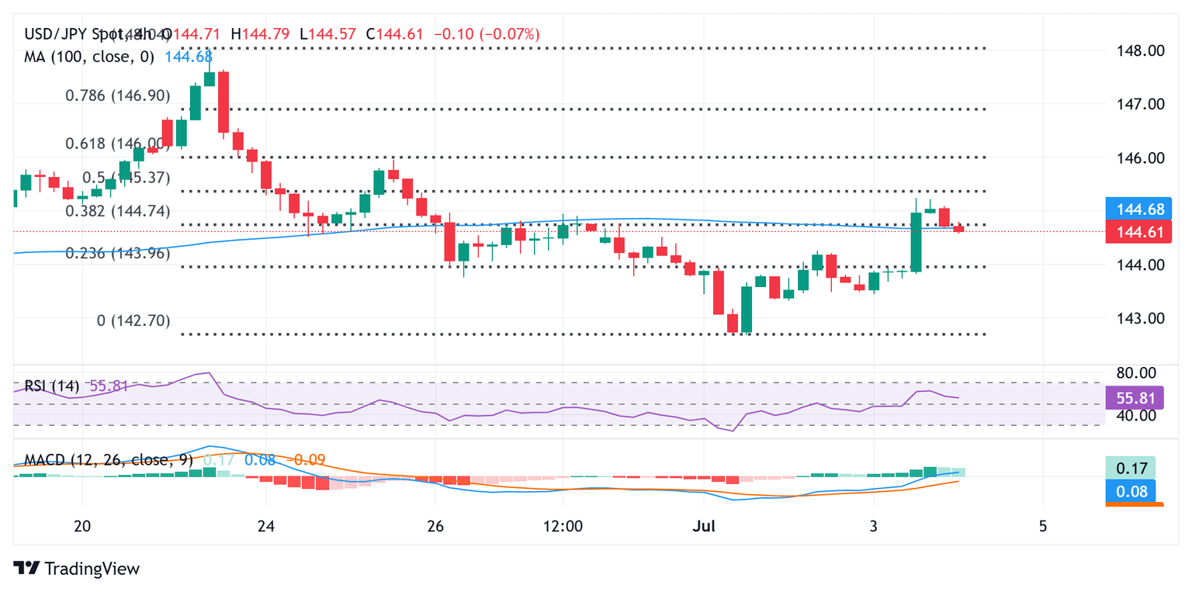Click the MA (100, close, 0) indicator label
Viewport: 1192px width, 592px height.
(x=89, y=57)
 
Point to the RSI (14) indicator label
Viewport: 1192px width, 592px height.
(x=51, y=386)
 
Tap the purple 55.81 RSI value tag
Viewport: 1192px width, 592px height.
(x=1134, y=397)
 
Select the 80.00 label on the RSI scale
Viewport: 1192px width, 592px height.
(x=1135, y=373)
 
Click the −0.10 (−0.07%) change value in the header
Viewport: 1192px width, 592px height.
(x=488, y=34)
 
